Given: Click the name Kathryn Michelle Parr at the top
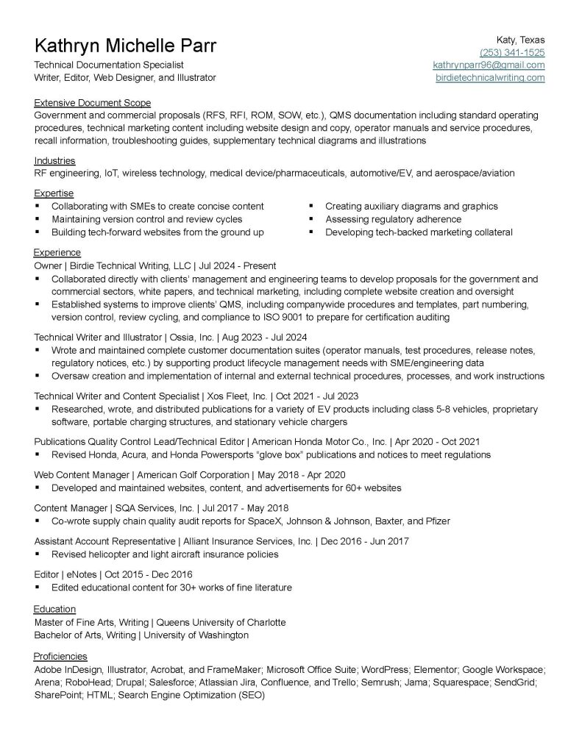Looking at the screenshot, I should (126, 46).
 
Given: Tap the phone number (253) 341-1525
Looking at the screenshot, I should (512, 52).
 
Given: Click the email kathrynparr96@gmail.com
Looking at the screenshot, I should (489, 65).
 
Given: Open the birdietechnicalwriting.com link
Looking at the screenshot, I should (490, 77).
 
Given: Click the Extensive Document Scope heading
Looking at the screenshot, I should (92, 103).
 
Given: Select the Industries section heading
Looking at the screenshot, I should (54, 160).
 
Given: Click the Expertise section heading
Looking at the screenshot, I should (54, 193).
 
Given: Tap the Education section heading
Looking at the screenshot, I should (55, 609).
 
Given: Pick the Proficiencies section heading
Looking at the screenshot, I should (60, 656).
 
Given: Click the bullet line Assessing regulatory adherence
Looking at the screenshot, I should (393, 219).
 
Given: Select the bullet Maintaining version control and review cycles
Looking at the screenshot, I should (146, 219).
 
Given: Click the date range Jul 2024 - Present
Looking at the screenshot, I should (237, 266).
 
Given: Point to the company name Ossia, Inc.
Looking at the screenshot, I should (191, 337).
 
